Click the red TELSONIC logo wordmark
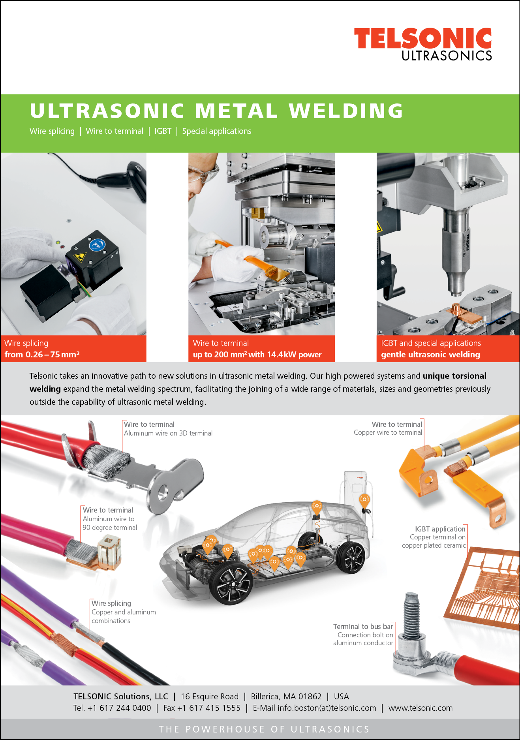coord(423,38)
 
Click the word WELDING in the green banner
coord(346,111)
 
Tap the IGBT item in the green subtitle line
coord(163,131)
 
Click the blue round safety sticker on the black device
coord(97,245)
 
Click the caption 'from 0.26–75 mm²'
coord(42,355)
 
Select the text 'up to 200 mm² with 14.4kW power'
coord(257,355)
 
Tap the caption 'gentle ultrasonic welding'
coord(430,355)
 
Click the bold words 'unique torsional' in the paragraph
coord(454,376)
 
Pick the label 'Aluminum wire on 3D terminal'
coord(168,433)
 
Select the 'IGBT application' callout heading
coord(440,529)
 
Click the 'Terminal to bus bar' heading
coord(363,627)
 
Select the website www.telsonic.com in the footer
coord(421,708)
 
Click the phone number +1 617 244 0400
coord(119,708)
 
